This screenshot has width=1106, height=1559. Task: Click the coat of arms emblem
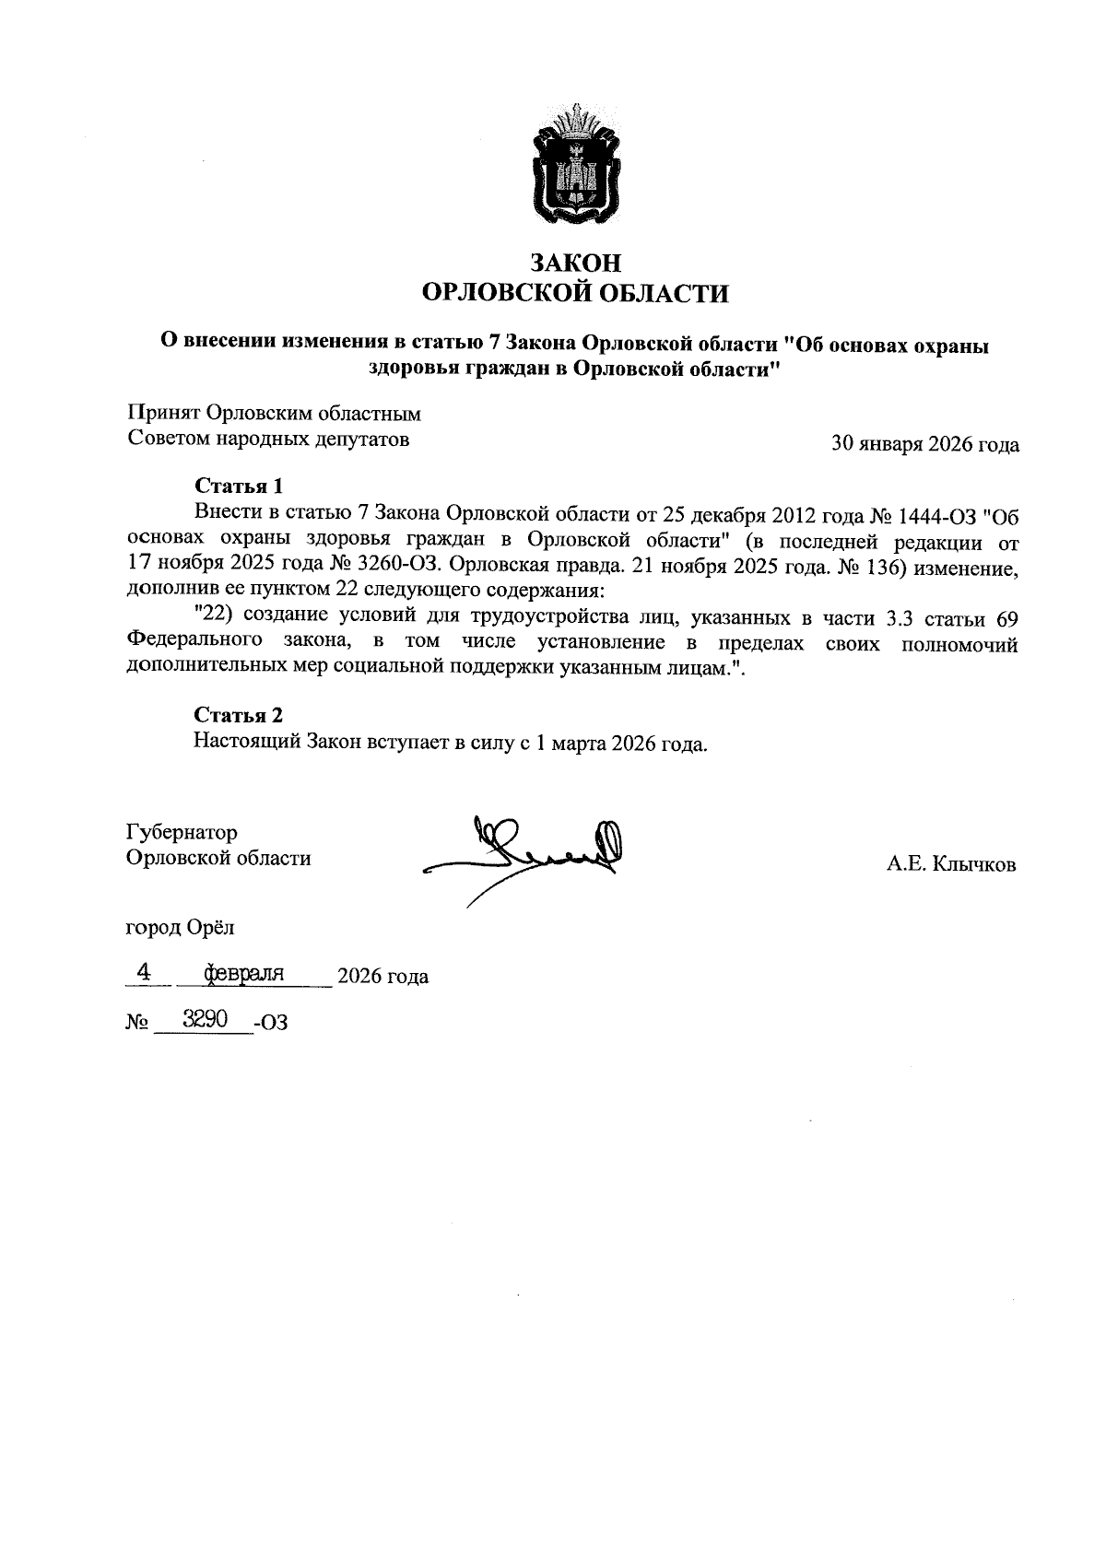coord(575,166)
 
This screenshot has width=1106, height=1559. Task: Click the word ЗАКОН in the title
coord(575,263)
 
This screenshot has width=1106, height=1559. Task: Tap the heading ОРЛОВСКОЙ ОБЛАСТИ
coord(574,294)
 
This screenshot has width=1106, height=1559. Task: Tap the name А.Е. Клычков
coord(951,864)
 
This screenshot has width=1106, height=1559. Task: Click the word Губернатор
coord(182,833)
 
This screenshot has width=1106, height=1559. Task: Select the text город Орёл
coord(180,927)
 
